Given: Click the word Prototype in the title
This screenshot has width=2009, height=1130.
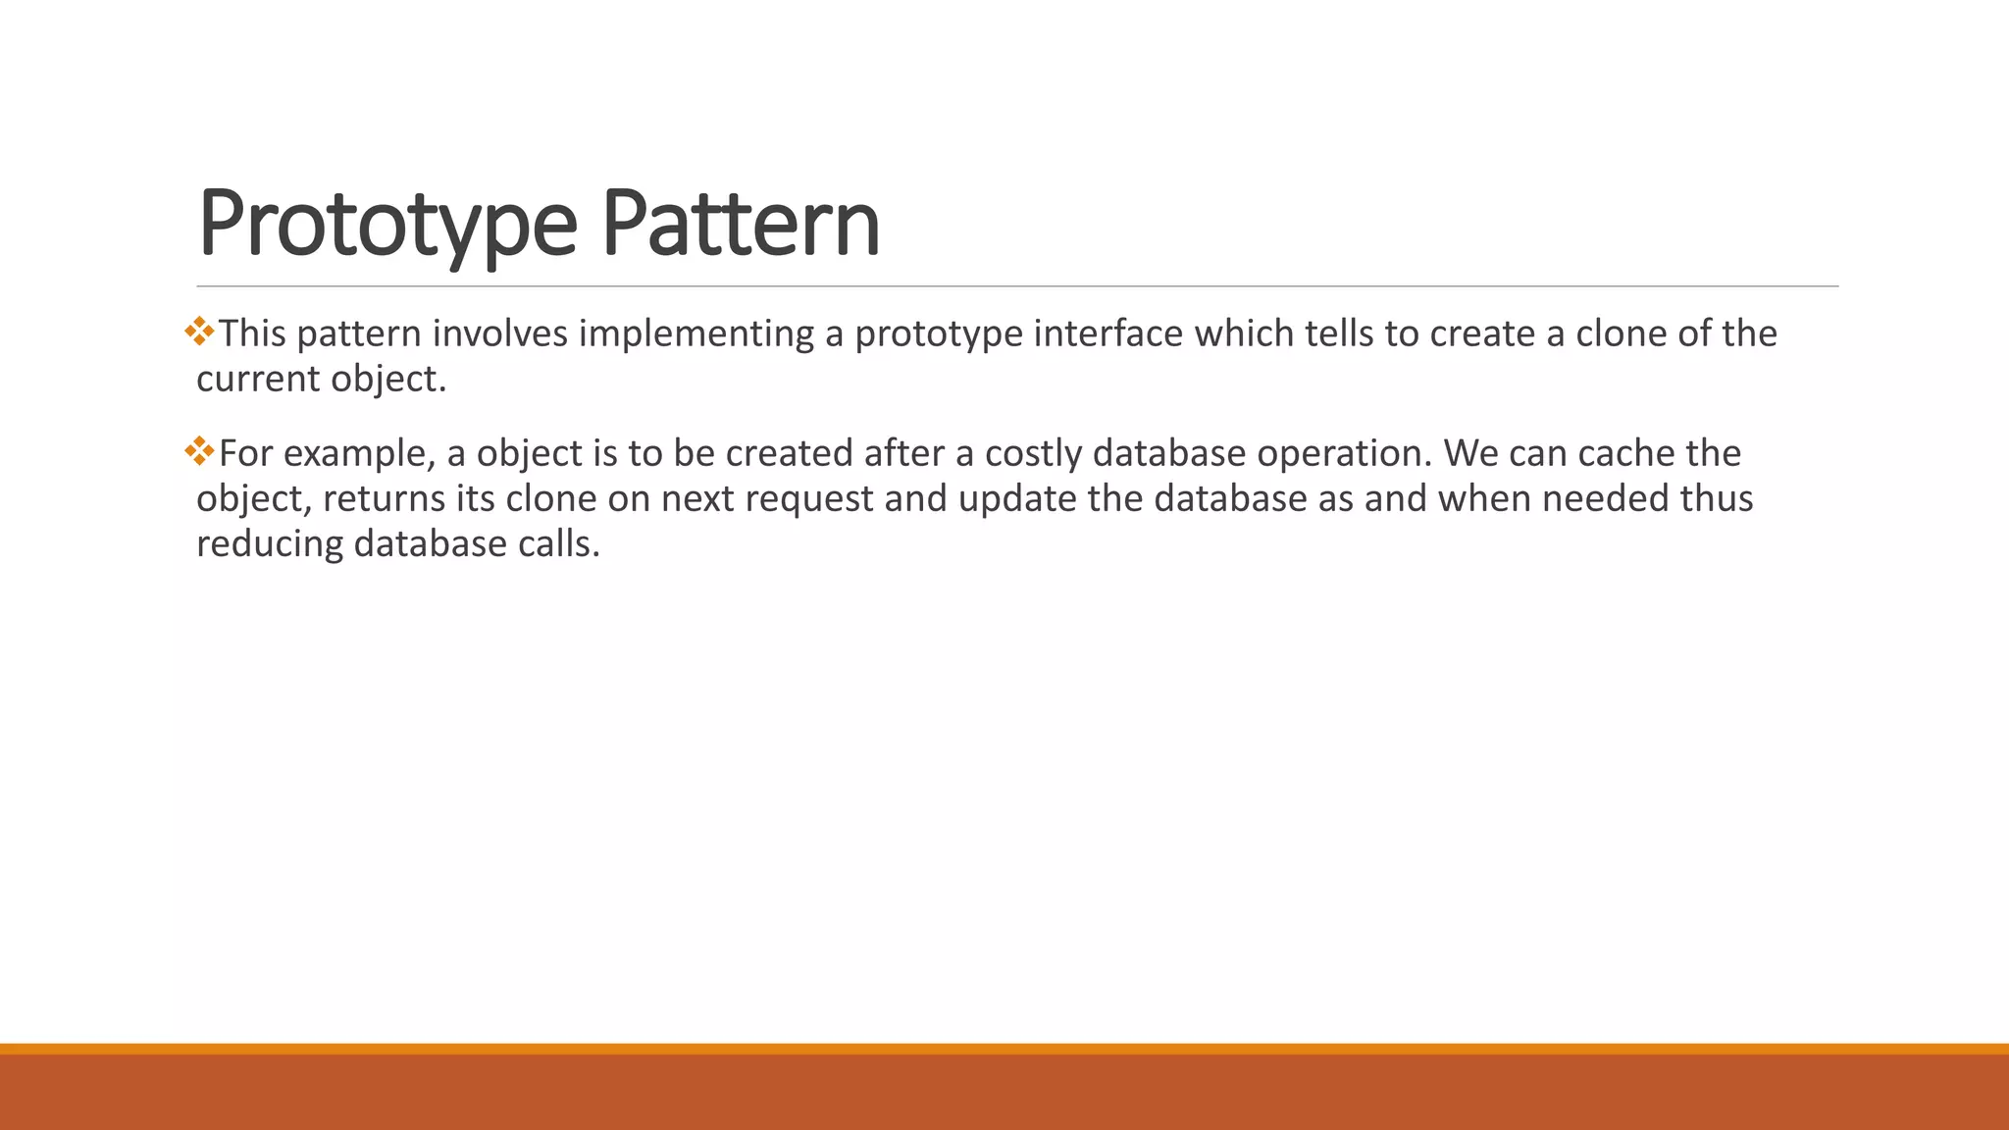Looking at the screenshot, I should click(386, 226).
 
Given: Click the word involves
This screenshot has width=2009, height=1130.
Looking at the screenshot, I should click(499, 334).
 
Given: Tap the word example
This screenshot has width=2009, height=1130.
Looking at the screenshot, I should click(358, 454).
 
